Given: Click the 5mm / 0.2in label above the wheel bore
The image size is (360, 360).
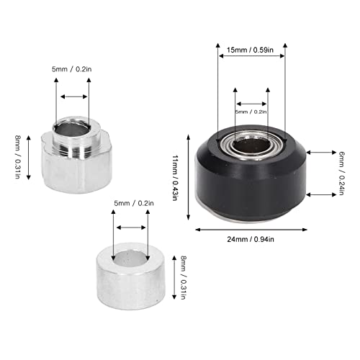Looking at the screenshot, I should pos(251,112).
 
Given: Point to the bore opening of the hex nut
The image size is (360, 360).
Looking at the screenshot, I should pos(73,130).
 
